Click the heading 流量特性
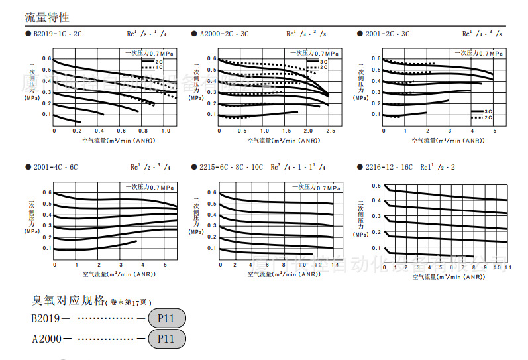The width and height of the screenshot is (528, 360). click(x=46, y=17)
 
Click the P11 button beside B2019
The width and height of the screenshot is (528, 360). click(x=167, y=318)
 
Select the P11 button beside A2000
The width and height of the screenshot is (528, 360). click(x=167, y=339)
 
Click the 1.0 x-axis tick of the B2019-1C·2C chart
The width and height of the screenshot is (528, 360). click(x=166, y=131)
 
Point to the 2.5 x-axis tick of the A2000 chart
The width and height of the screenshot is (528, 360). click(x=330, y=131)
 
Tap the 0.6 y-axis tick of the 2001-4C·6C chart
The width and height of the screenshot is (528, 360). click(x=46, y=193)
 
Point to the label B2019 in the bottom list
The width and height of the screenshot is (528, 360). click(x=44, y=319)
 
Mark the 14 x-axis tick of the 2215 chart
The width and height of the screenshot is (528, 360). click(x=335, y=265)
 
